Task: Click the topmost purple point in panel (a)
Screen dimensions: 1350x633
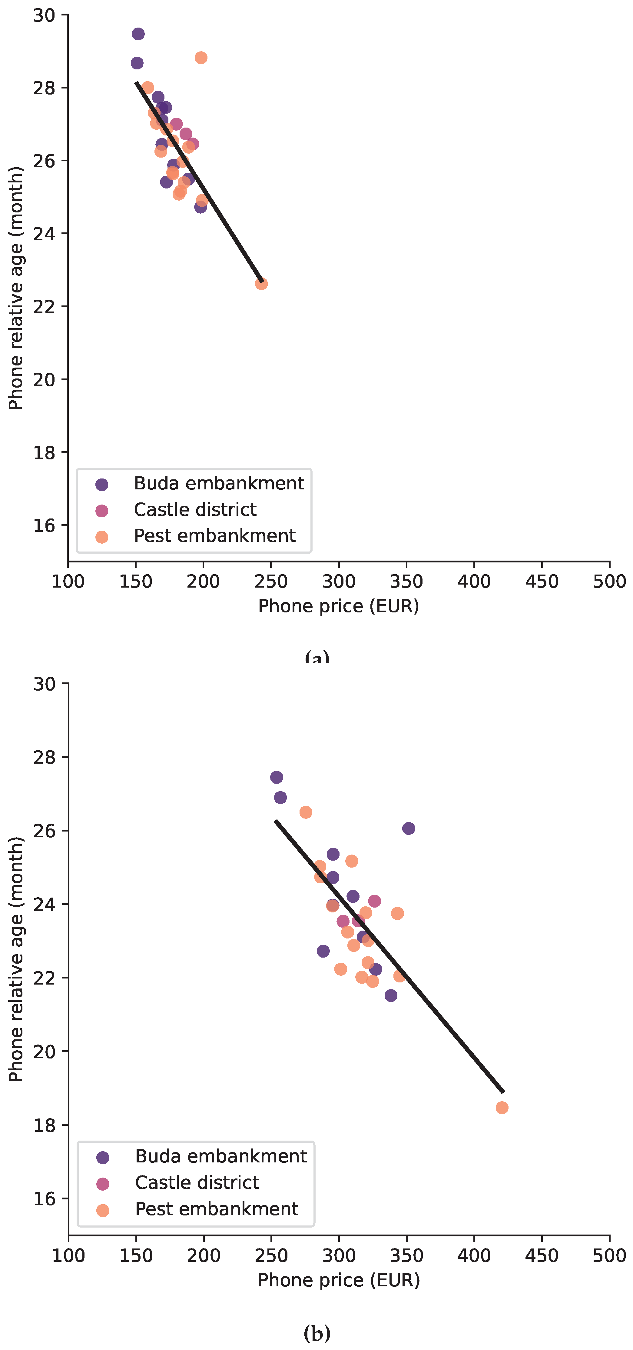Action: (138, 34)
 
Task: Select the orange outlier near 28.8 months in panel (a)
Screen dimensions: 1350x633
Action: (201, 58)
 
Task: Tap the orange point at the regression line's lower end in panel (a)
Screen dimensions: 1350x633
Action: (261, 284)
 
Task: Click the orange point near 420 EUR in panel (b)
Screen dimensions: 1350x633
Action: (502, 1107)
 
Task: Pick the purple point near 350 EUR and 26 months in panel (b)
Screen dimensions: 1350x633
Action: (408, 828)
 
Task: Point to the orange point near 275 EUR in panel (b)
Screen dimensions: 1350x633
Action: (306, 812)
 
